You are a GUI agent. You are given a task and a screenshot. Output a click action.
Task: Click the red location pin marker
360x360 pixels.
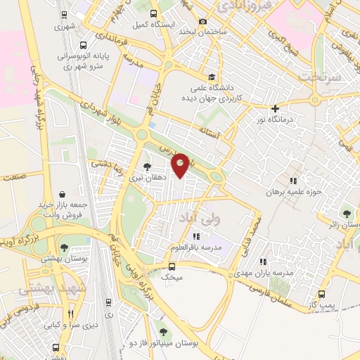(x=181, y=165)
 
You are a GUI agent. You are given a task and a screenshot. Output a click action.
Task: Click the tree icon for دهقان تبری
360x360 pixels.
(x=146, y=167)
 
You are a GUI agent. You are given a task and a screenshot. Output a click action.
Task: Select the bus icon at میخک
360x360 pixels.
(x=172, y=266)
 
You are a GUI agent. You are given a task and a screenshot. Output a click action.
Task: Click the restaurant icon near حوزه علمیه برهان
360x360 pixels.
(x=293, y=181)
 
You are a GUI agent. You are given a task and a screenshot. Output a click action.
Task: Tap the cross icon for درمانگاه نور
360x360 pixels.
(x=275, y=108)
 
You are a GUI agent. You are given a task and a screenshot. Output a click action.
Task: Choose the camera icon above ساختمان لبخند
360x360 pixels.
(x=203, y=22)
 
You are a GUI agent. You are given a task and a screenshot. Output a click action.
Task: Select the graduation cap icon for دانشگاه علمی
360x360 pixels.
(x=211, y=77)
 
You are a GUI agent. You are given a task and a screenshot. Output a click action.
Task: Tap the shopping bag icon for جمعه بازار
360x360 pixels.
(x=63, y=194)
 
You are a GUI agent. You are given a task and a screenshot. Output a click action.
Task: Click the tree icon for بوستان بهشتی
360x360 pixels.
(x=64, y=247)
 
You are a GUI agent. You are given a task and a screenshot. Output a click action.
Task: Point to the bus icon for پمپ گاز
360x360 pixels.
(x=322, y=294)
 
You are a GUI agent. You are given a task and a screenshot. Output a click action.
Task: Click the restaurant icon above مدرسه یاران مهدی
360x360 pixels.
(x=264, y=262)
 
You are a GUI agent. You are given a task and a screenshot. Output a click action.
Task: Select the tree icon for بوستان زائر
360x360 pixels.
(x=347, y=213)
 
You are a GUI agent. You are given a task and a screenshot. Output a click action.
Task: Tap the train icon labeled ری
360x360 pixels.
(x=108, y=302)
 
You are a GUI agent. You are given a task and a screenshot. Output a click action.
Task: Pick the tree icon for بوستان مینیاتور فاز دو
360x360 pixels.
(x=163, y=332)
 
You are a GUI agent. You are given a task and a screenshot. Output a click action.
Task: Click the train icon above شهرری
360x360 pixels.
(x=64, y=15)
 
